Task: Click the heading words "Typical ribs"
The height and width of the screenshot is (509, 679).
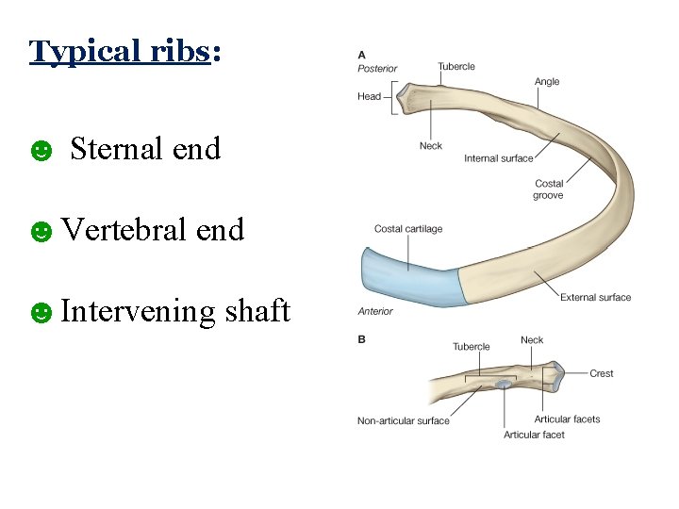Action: click(x=119, y=51)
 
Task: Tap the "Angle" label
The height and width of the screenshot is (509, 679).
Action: click(x=547, y=82)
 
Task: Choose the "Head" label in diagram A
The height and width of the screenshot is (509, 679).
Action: click(x=369, y=96)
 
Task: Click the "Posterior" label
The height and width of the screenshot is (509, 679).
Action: click(x=377, y=69)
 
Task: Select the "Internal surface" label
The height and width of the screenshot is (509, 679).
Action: click(x=498, y=158)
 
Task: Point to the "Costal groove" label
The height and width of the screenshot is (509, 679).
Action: click(x=549, y=189)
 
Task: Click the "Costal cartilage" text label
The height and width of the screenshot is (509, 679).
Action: click(x=407, y=229)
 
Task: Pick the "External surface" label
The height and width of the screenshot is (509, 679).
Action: click(x=595, y=298)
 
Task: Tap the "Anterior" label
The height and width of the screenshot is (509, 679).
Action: click(x=375, y=311)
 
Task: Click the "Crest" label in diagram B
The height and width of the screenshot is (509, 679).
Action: click(x=602, y=373)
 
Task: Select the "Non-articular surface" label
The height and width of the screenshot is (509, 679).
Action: click(x=403, y=420)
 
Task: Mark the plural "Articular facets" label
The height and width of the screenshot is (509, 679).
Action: click(x=567, y=419)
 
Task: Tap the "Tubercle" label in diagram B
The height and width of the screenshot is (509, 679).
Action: click(x=471, y=347)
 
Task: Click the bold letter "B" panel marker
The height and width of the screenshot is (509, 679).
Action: click(x=361, y=339)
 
